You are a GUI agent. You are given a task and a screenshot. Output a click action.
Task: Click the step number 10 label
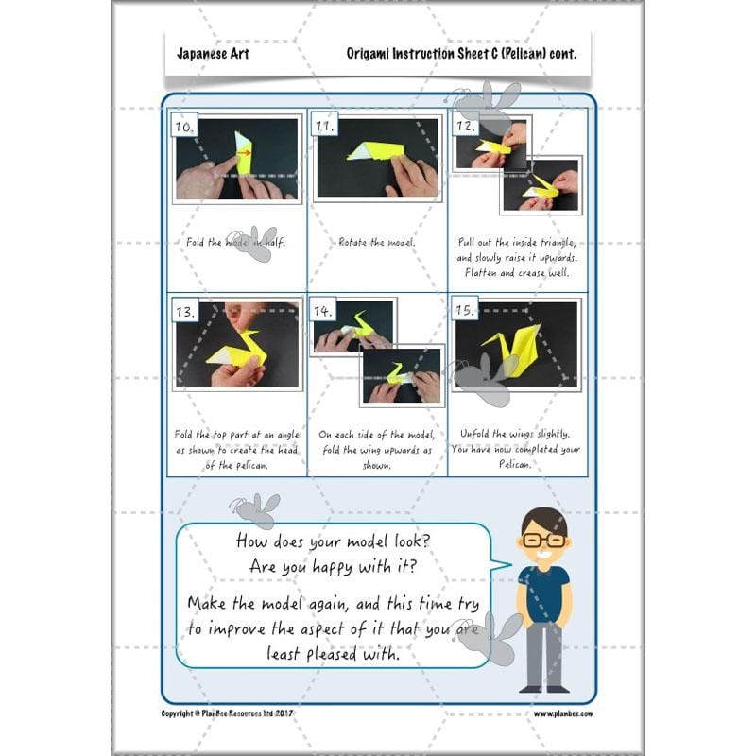(x=185, y=127)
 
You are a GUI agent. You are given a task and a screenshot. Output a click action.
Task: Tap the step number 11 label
(x=324, y=127)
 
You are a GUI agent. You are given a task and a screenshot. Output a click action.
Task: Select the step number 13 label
(x=185, y=312)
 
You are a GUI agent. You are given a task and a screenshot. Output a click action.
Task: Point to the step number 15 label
(x=464, y=310)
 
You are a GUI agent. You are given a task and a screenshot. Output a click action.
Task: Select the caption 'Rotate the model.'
(x=375, y=242)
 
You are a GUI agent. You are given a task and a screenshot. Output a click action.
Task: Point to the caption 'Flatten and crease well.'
(x=516, y=273)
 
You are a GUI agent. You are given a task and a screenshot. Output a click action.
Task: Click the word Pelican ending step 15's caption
(x=515, y=464)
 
